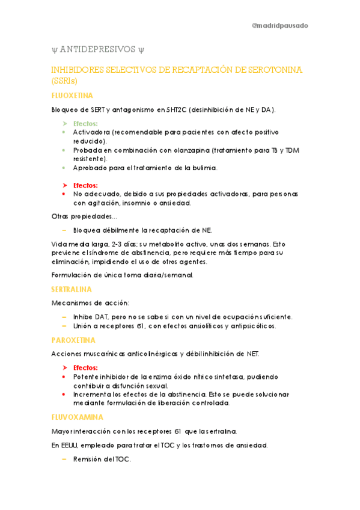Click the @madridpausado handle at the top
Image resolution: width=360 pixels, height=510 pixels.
[279, 26]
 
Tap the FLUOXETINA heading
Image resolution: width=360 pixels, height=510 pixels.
[72, 96]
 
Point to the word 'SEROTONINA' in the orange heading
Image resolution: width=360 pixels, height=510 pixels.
[272, 70]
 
